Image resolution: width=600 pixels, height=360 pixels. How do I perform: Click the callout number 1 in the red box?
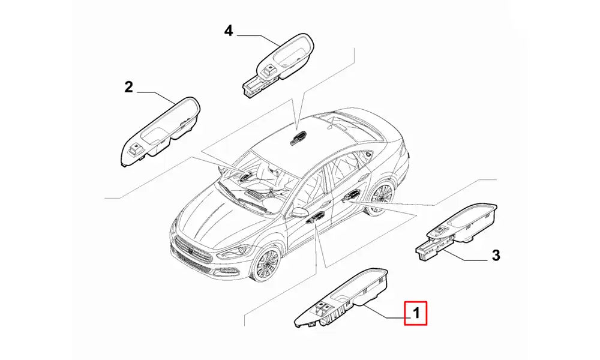pyautogui.click(x=416, y=313)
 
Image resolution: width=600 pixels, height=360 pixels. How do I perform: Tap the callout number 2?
pyautogui.click(x=128, y=87)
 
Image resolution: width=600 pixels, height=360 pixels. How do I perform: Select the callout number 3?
pyautogui.click(x=496, y=255)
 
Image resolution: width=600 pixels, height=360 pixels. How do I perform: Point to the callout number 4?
pyautogui.click(x=228, y=31)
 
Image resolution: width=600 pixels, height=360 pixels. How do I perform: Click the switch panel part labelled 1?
pyautogui.click(x=341, y=299)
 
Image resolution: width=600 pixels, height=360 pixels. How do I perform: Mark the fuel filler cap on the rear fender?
pyautogui.click(x=368, y=154)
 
